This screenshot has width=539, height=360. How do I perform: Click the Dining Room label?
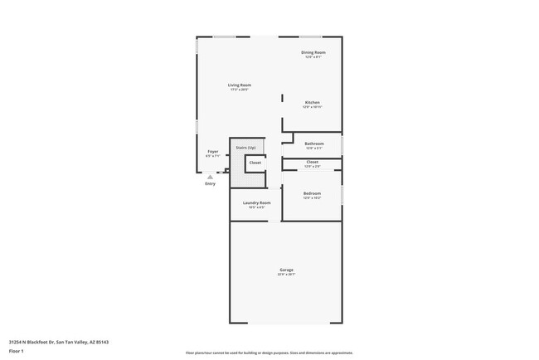[x=313, y=52]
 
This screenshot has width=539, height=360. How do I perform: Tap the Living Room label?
[x=240, y=85]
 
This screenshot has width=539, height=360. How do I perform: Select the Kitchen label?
[x=312, y=103]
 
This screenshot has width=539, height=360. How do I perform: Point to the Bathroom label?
[x=313, y=144]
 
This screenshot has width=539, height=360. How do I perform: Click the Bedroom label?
[x=312, y=193]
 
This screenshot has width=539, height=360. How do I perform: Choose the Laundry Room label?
[x=256, y=202]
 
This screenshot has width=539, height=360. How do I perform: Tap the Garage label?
[x=286, y=270]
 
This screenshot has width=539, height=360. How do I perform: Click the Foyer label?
[x=212, y=151]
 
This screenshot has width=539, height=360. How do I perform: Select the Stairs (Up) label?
[x=245, y=147]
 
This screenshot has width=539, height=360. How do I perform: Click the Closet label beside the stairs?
[x=255, y=163]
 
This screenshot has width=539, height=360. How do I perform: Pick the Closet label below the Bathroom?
[x=312, y=162]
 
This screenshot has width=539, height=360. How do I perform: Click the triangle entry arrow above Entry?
[x=210, y=177]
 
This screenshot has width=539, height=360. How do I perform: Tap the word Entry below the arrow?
[x=210, y=183]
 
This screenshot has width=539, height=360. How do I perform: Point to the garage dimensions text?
[x=286, y=275]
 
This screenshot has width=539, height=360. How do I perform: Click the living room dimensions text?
[x=240, y=90]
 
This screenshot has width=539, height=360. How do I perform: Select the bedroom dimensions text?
[x=312, y=198]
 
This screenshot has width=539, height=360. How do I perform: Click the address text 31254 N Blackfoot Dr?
[x=59, y=341]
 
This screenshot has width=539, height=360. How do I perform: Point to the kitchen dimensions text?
[x=312, y=108]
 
